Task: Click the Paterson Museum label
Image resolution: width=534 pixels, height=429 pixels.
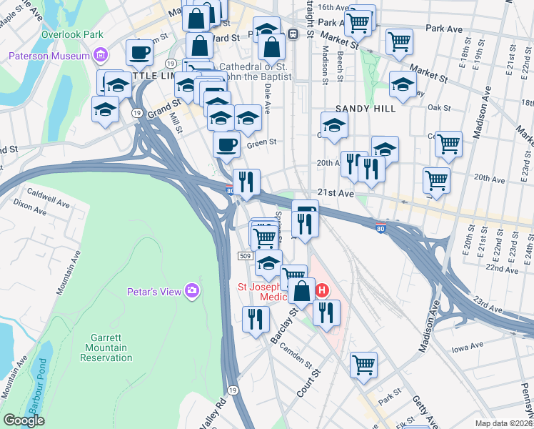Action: pos(49,56)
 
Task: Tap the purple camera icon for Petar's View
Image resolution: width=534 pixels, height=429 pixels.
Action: pos(191,290)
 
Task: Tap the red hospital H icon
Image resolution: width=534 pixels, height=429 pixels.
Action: pos(322,290)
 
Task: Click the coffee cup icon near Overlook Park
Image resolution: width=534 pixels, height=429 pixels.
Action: pos(140,52)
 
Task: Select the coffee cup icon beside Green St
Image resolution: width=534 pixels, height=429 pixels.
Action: pos(227,144)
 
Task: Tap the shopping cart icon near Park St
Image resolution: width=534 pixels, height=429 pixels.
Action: pos(363,365)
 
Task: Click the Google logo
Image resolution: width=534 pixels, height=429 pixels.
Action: pos(24,420)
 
